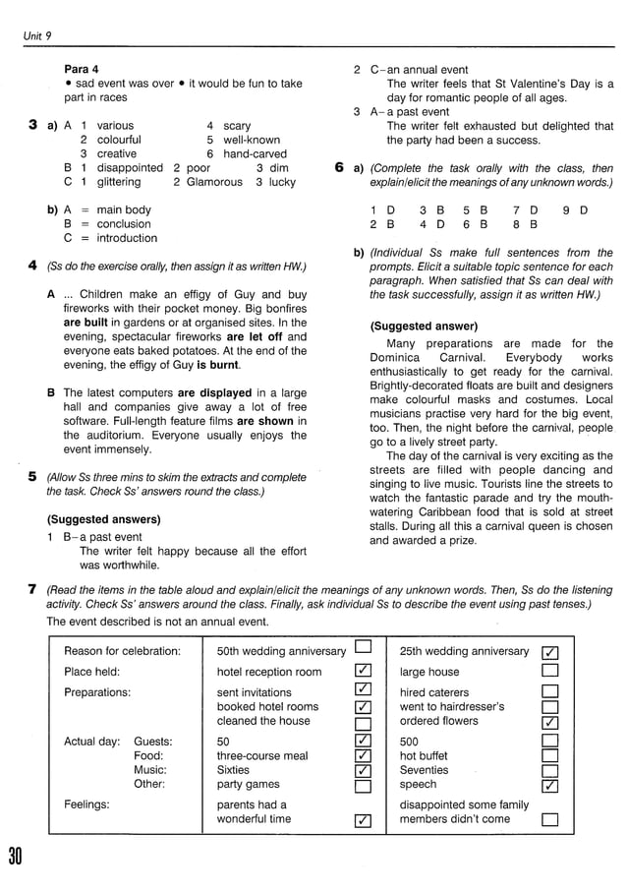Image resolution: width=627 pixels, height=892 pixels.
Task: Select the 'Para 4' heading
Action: pyautogui.click(x=82, y=70)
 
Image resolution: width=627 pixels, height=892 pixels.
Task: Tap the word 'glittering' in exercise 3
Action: pyautogui.click(x=119, y=182)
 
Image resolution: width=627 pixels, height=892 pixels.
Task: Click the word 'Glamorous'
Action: pyautogui.click(x=214, y=182)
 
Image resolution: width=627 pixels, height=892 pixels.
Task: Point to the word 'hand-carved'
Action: pyautogui.click(x=256, y=154)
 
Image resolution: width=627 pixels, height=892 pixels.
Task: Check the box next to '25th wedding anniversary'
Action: pyautogui.click(x=550, y=652)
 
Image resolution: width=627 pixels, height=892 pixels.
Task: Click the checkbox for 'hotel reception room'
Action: pyautogui.click(x=364, y=671)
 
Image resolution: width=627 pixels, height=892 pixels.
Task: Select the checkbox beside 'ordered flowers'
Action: pyautogui.click(x=550, y=723)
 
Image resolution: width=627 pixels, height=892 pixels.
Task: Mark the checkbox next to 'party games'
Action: pyautogui.click(x=364, y=785)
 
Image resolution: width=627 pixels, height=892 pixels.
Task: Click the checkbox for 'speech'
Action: pyautogui.click(x=550, y=786)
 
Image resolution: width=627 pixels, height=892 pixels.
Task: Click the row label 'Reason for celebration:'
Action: pyautogui.click(x=122, y=651)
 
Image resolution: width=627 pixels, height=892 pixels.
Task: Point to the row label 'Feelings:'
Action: pyautogui.click(x=86, y=804)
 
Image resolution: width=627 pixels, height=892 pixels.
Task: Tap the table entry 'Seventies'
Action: pyautogui.click(x=424, y=770)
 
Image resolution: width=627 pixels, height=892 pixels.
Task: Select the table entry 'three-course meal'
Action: pyautogui.click(x=261, y=756)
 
